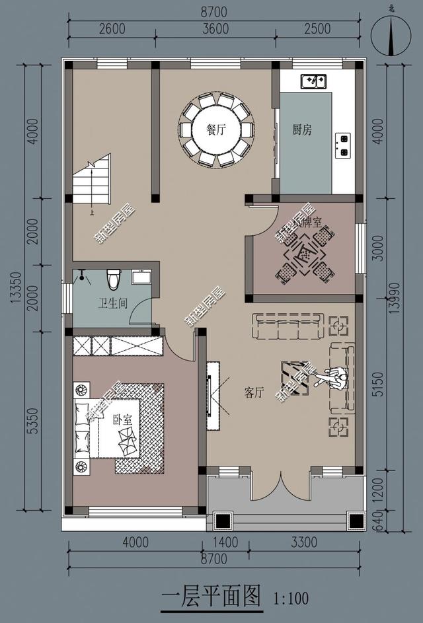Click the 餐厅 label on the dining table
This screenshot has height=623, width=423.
click(x=216, y=130)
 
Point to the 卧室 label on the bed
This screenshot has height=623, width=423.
click(x=122, y=419)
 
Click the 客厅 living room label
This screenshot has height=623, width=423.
click(x=254, y=393)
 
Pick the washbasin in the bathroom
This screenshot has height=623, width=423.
click(x=141, y=277)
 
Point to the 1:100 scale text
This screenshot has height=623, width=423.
click(x=291, y=599)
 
